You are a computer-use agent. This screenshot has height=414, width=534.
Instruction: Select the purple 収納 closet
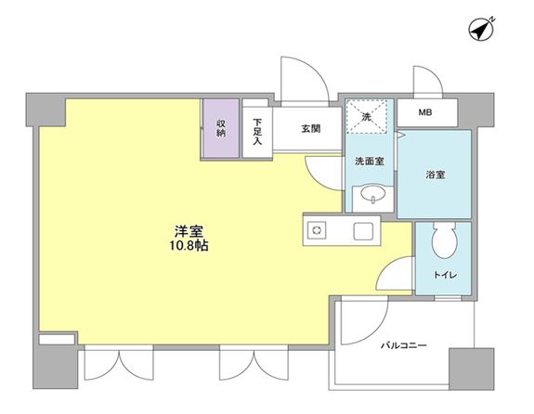221,128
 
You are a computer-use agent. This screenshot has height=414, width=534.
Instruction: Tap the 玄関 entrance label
310,129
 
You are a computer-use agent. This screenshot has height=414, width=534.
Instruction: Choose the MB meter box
424,113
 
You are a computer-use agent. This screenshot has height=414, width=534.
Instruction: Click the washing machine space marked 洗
366,117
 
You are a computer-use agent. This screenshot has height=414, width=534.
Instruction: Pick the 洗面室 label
369,161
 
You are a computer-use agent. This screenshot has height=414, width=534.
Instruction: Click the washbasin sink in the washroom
371,195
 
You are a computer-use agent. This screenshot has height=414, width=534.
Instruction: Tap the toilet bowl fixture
443,243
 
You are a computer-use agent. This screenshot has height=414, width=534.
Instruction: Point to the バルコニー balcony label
402,345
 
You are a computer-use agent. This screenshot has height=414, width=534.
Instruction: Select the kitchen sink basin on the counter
361,231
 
